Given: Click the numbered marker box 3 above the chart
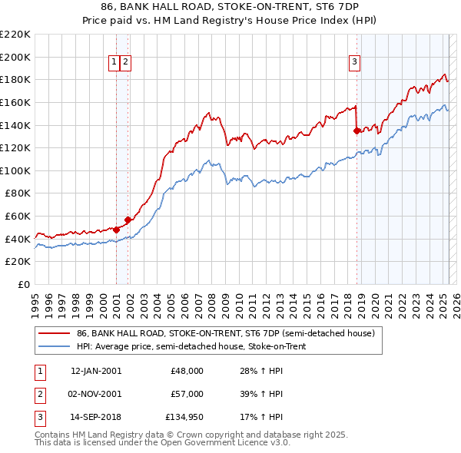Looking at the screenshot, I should pyautogui.click(x=355, y=63).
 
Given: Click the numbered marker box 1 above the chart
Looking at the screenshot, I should pyautogui.click(x=114, y=63).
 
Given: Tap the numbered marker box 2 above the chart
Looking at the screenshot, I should pyautogui.click(x=125, y=63).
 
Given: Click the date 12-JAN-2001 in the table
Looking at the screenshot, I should pyautogui.click(x=96, y=370).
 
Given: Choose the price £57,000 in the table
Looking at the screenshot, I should pyautogui.click(x=187, y=394).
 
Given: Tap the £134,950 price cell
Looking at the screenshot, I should pyautogui.click(x=184, y=418).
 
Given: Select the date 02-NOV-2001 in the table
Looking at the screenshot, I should pyautogui.click(x=96, y=394).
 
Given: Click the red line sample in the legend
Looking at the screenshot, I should pyautogui.click(x=54, y=333).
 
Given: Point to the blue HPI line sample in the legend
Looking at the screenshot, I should pyautogui.click(x=54, y=346).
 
